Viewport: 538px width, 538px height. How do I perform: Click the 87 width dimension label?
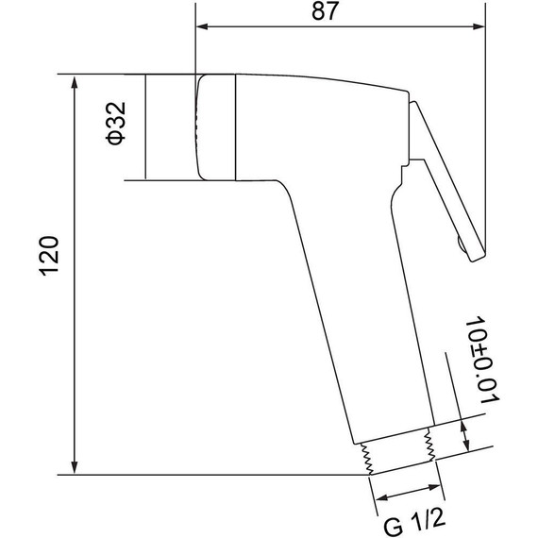(x=325, y=11)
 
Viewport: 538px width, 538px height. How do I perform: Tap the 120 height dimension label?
(x=49, y=256)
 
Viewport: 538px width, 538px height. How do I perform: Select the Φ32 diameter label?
(x=116, y=124)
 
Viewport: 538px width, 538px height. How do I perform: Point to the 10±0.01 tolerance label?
(x=482, y=360)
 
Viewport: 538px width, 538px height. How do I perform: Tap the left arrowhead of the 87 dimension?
(x=202, y=26)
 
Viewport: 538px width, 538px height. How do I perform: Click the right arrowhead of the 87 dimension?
(x=479, y=26)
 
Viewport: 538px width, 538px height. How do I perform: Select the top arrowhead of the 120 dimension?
(x=74, y=83)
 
